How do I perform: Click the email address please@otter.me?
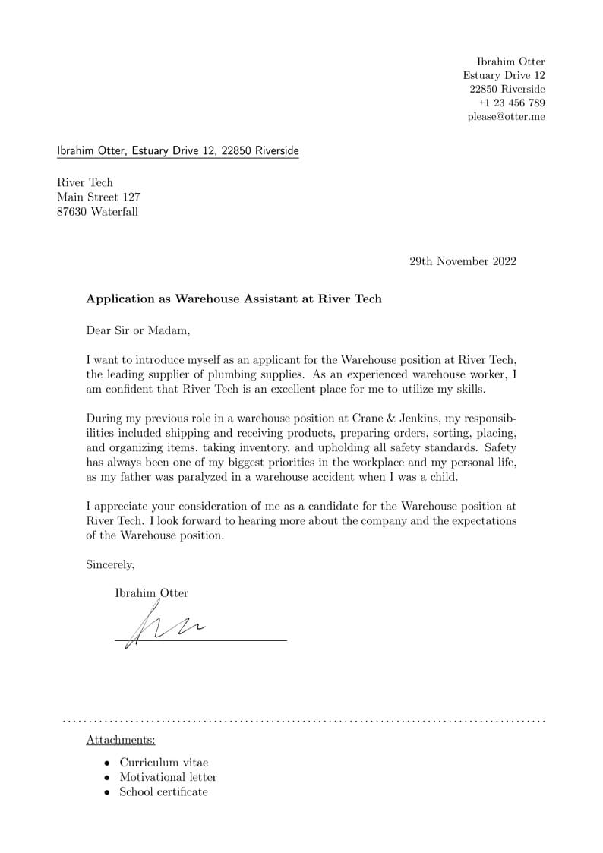tap(506, 117)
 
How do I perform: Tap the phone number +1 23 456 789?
tap(512, 103)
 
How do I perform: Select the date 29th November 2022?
tap(463, 261)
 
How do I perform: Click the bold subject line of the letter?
tap(234, 299)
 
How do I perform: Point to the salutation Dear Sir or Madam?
tap(138, 330)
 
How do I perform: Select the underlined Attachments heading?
tap(121, 740)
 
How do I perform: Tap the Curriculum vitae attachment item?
tap(163, 763)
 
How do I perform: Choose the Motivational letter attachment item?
tap(168, 777)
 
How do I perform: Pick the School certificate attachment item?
tap(163, 792)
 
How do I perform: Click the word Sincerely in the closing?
tap(110, 564)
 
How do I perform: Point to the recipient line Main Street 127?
tap(99, 197)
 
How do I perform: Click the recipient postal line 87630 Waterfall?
tap(98, 212)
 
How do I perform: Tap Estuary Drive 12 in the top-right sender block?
tap(504, 75)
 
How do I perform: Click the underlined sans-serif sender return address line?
tap(178, 151)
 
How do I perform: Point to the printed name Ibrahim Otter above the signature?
tap(151, 593)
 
